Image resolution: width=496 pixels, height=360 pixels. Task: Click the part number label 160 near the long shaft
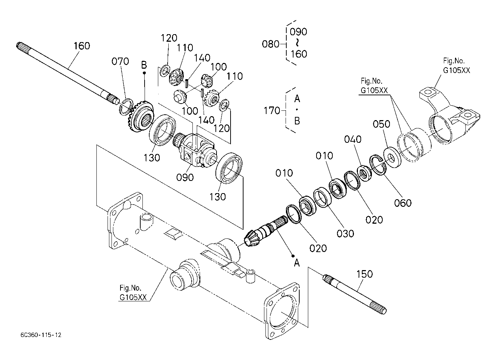click(82, 46)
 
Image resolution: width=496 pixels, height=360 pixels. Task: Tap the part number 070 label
click(120, 61)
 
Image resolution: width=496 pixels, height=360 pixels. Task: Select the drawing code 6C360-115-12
click(41, 335)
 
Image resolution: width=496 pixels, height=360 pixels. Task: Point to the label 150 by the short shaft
click(364, 274)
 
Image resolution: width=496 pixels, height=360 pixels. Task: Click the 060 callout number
click(403, 203)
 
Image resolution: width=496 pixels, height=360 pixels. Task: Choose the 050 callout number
click(381, 124)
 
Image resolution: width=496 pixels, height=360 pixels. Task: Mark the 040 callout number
click(353, 139)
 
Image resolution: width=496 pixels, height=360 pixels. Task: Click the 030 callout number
click(345, 233)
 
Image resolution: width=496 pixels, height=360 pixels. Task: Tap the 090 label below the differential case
click(185, 177)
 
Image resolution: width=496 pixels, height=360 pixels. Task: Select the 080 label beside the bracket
click(270, 44)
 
